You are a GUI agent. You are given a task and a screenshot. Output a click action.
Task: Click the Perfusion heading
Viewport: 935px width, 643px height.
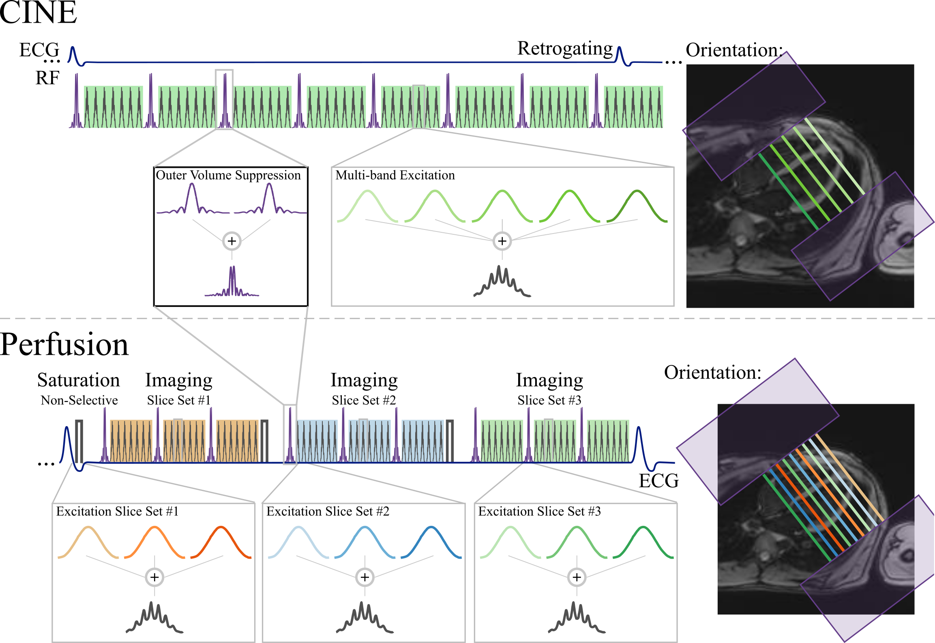coord(64,345)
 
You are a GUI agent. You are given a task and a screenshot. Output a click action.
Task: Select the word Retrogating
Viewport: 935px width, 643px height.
coord(565,49)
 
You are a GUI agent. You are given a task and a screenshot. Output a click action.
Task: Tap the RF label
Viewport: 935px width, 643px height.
coord(47,78)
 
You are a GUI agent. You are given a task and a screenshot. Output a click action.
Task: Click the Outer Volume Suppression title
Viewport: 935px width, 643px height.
coord(228,175)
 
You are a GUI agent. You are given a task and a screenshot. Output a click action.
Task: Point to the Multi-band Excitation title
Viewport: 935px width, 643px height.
coord(395,175)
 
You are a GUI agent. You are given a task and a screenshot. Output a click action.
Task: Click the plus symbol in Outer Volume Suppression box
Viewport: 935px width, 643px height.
coord(232,241)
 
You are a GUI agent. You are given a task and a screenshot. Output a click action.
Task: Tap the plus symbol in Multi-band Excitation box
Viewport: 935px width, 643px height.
coord(502,241)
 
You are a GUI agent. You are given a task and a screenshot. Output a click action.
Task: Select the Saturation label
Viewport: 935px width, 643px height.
coord(79,380)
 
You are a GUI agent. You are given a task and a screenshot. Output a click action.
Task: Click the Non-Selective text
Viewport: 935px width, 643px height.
coord(79,401)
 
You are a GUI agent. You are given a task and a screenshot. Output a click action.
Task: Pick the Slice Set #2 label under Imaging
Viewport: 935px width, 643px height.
coord(364,401)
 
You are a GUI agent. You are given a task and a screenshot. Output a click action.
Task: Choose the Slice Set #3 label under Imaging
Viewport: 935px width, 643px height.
coord(549,401)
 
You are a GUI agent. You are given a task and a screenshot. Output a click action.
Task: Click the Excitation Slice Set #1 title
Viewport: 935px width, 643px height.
coord(117,512)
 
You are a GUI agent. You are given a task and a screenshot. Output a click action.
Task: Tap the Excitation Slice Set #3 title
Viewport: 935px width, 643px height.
coord(539,512)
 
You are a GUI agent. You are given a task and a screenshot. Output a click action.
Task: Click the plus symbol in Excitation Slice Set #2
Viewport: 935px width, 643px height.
coord(365,577)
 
